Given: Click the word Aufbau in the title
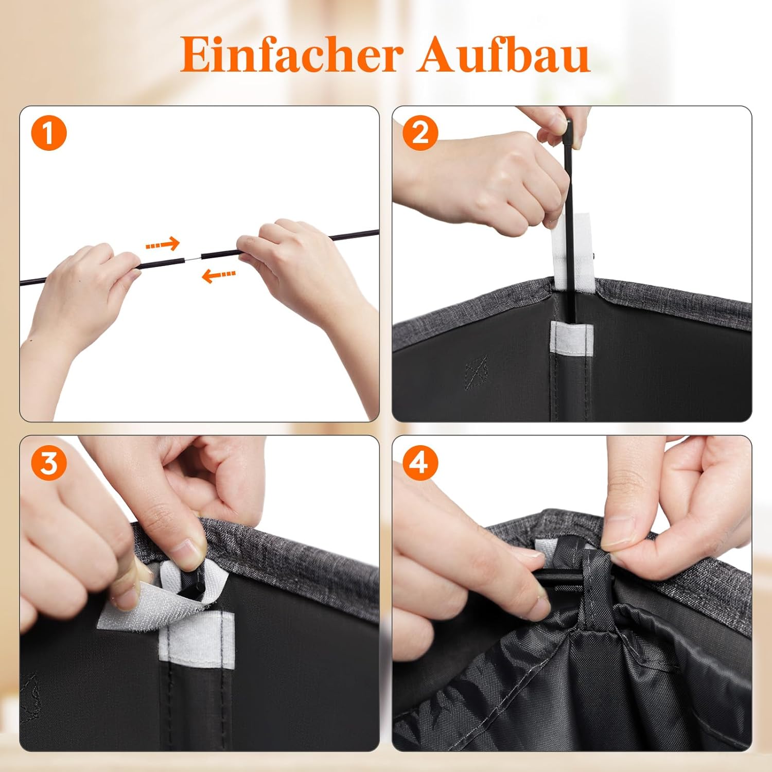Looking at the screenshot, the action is (x=503, y=54).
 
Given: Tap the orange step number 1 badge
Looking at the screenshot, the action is (x=49, y=133).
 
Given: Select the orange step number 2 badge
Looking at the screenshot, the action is (x=420, y=133).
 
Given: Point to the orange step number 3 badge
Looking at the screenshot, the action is (x=49, y=463).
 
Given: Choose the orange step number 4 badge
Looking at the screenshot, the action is (x=420, y=463).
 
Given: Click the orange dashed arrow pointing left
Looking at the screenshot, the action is (x=219, y=276).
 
